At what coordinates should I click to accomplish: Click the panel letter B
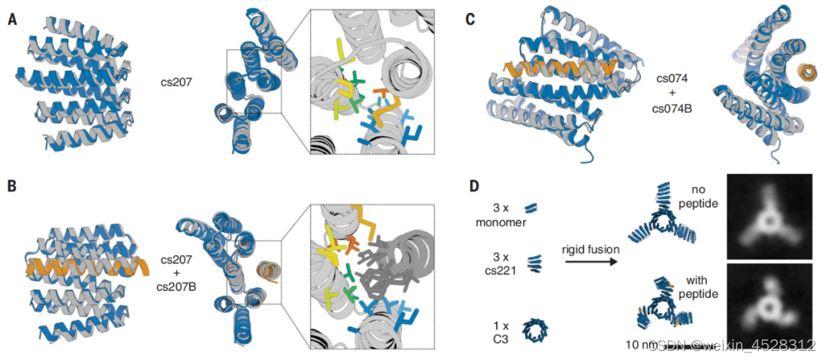click(x=13, y=186)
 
